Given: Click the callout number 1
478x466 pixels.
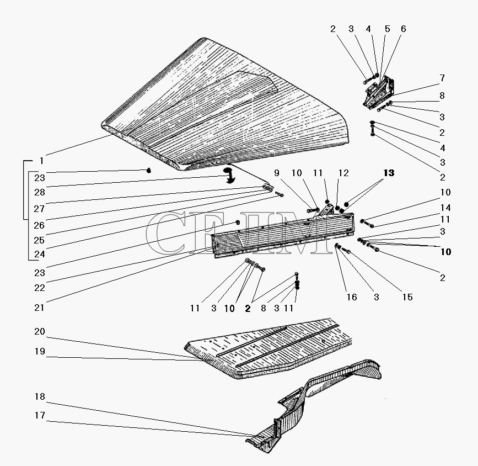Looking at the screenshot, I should [41, 161].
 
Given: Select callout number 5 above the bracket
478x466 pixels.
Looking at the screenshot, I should [388, 29].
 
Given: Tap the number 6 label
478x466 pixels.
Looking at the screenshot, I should [403, 29].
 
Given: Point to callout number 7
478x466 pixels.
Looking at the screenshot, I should [442, 78].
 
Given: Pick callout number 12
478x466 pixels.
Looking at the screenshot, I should [343, 173].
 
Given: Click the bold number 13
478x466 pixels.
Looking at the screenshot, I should [389, 173].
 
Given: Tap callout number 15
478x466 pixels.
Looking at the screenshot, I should [407, 297].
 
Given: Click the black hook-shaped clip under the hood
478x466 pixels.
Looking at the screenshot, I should [228, 175].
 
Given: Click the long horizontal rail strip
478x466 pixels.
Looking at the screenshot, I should [281, 235].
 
